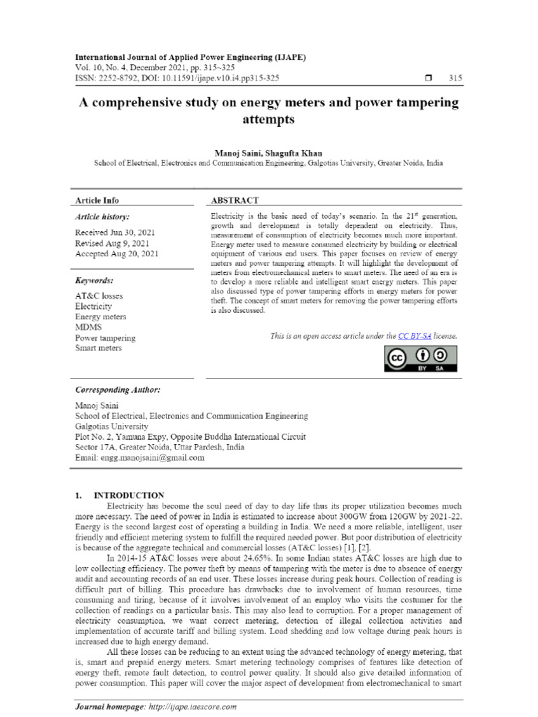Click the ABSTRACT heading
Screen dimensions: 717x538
click(235, 200)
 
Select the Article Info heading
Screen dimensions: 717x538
click(97, 200)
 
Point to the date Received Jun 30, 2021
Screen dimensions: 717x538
click(115, 232)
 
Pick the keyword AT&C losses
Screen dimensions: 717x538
click(99, 295)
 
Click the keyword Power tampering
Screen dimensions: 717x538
click(105, 337)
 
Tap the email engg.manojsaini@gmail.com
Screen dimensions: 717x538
click(139, 457)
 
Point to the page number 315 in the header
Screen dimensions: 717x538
click(455, 78)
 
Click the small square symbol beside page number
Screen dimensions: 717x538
click(427, 78)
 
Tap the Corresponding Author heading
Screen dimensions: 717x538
click(118, 389)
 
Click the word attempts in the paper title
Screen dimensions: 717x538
click(268, 120)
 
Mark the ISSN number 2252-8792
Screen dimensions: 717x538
click(120, 78)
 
